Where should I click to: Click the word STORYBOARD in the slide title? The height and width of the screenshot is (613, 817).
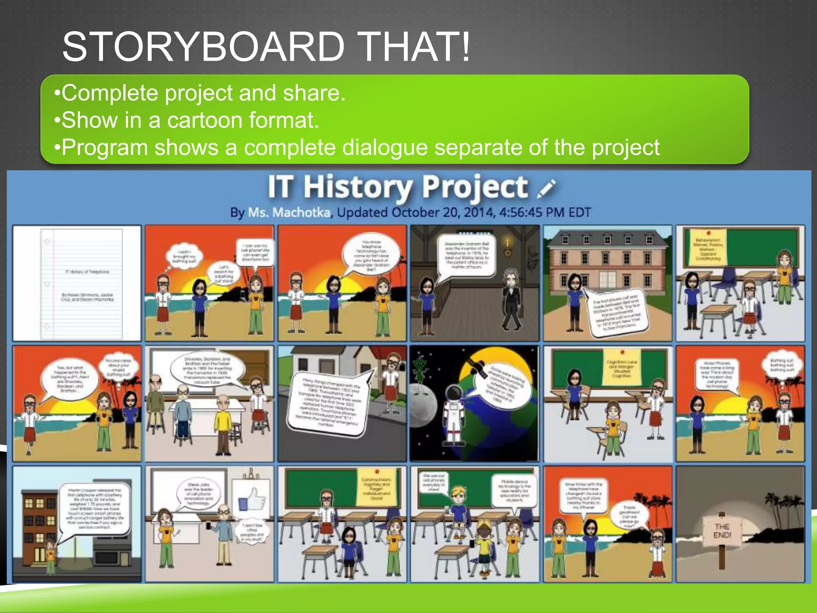pos(203,47)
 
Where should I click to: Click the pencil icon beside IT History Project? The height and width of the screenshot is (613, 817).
pos(546,188)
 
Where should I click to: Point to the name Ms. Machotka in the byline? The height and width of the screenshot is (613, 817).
pos(289,212)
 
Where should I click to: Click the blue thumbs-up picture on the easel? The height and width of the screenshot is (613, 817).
pos(252,500)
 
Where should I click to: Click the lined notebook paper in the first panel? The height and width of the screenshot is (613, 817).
pos(82,283)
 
